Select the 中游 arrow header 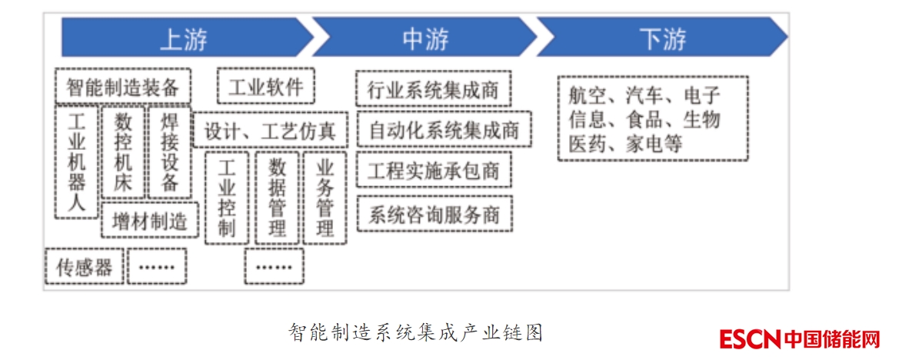tap(425, 38)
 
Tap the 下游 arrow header tap(662, 38)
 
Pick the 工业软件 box tap(266, 86)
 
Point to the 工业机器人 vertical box tap(77, 162)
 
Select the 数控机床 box tap(123, 152)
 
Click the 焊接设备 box tap(169, 152)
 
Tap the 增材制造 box tap(150, 221)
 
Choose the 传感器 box tap(85, 266)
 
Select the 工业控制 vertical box tap(227, 198)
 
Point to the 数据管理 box tap(277, 198)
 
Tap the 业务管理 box tap(325, 198)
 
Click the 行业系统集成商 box tap(434, 90)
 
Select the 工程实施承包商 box tap(434, 171)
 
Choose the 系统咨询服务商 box tap(434, 213)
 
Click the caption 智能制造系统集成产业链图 tap(416, 332)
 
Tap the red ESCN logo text tap(750, 338)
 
